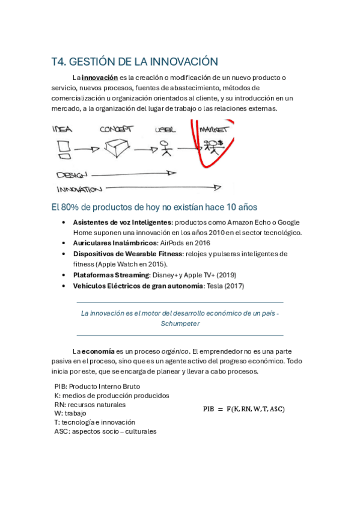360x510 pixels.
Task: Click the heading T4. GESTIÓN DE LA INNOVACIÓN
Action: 134,61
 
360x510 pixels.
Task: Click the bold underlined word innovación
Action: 100,78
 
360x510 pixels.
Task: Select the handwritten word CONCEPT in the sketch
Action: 116,129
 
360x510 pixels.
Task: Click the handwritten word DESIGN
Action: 72,175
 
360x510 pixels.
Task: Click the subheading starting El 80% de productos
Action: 154,207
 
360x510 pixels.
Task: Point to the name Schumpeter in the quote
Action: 180,324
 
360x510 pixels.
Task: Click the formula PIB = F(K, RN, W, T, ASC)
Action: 243,409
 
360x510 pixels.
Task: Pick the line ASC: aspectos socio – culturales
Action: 105,431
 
